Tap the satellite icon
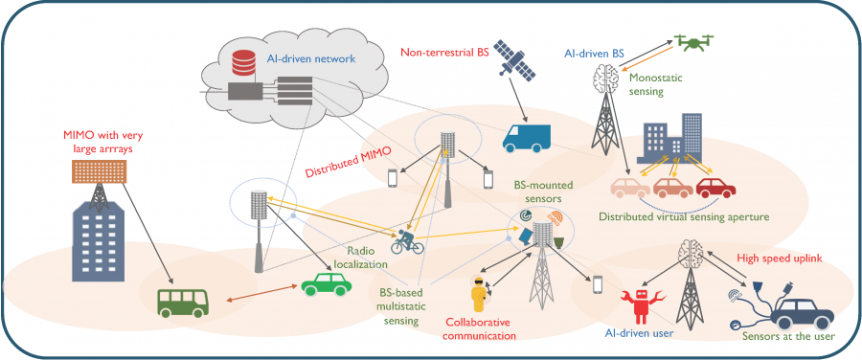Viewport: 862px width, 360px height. [x=514, y=58]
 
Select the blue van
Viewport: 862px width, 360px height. [x=526, y=138]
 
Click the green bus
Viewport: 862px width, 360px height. [x=184, y=303]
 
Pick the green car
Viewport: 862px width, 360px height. [x=326, y=283]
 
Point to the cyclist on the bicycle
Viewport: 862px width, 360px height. [x=407, y=241]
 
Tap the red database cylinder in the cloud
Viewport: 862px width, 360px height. [x=243, y=62]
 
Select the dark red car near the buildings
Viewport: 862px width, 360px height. [x=715, y=187]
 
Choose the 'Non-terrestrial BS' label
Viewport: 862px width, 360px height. [x=442, y=53]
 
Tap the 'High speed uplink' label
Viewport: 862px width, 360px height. [x=779, y=258]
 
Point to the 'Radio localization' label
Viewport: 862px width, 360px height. [x=367, y=258]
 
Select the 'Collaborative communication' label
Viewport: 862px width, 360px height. [x=481, y=327]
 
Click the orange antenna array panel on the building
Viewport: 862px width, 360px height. [x=100, y=171]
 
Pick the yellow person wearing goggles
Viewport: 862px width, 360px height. [x=480, y=295]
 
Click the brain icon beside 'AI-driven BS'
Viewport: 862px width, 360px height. [x=603, y=76]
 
